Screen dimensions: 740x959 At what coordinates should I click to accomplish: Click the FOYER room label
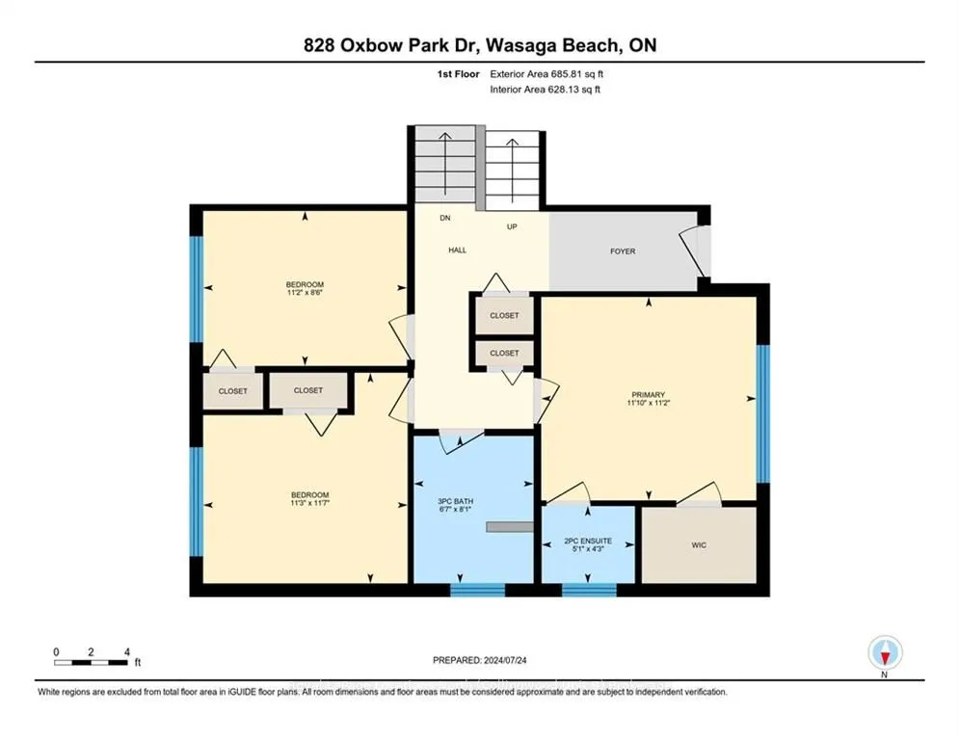click(623, 251)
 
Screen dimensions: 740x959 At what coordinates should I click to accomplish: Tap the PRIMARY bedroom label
click(649, 394)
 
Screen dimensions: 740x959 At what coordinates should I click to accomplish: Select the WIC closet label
click(699, 545)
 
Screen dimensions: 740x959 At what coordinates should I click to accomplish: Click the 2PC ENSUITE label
click(588, 541)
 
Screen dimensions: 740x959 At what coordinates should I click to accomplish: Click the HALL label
click(457, 250)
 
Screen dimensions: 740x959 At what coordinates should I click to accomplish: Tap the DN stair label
click(444, 218)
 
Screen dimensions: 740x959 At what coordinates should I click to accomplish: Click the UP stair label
click(513, 227)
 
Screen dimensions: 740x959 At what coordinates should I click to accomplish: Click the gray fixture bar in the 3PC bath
click(509, 526)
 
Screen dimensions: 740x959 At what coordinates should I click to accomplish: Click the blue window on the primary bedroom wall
click(762, 412)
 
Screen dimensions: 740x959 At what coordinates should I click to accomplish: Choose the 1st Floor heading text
click(458, 73)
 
